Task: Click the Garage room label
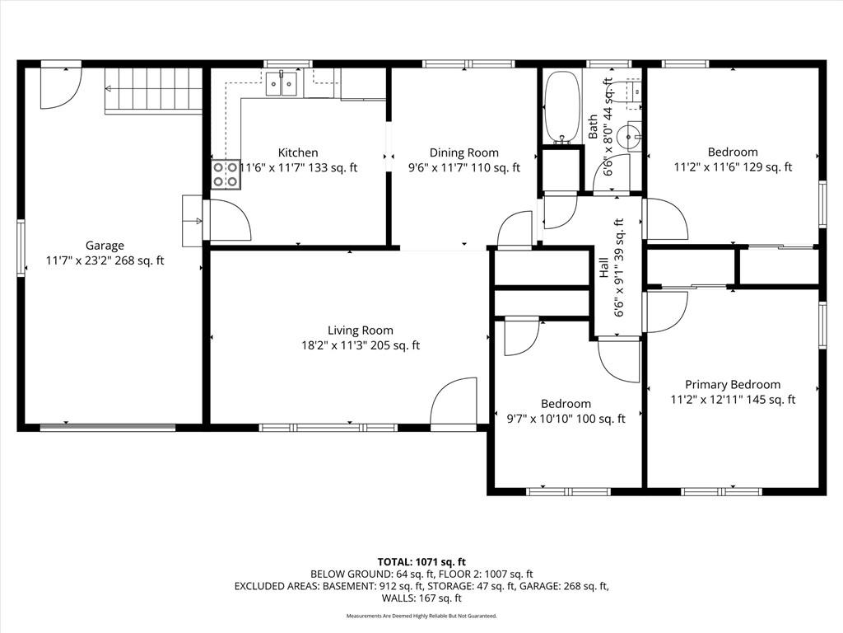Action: [x=105, y=246]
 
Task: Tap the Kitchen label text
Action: [x=298, y=152]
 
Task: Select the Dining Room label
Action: [x=464, y=152]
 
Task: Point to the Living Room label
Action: [x=361, y=331]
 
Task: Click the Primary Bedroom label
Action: [x=733, y=385]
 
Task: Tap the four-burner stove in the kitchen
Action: [x=226, y=175]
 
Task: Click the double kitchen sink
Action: [x=282, y=83]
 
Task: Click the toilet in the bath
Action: [x=630, y=91]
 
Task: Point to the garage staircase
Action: [x=153, y=91]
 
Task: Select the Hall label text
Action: [x=603, y=268]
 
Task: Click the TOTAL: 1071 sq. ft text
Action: [x=421, y=562]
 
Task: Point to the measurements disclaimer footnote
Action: [x=421, y=616]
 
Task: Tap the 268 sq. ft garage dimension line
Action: [x=105, y=261]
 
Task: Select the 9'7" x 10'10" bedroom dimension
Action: [x=540, y=419]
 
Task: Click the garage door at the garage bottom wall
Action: [x=108, y=428]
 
